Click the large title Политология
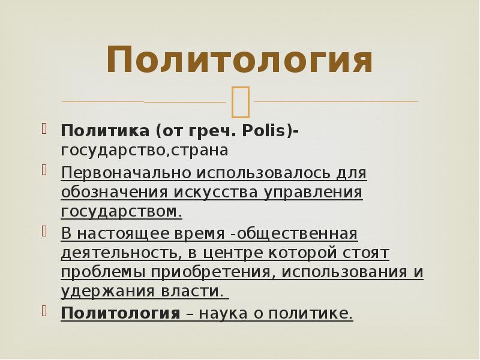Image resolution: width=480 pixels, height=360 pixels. pos(239,61)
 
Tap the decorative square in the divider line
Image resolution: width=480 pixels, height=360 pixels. pos(240,101)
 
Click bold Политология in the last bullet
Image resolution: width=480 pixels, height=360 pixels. pos(121,313)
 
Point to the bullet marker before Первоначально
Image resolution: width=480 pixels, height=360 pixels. pos(44,170)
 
